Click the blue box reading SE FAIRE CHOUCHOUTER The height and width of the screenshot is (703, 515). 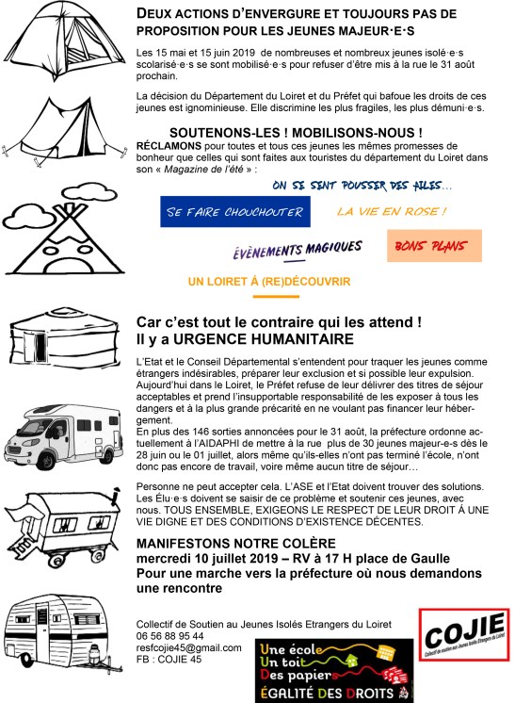(x=234, y=213)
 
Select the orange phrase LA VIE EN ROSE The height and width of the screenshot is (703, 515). (x=391, y=211)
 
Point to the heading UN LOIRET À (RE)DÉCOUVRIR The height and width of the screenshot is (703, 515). (x=269, y=281)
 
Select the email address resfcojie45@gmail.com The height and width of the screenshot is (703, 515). (x=187, y=648)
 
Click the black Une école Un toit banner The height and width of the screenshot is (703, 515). (x=334, y=670)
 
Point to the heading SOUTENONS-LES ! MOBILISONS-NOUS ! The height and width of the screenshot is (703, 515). (x=295, y=132)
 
